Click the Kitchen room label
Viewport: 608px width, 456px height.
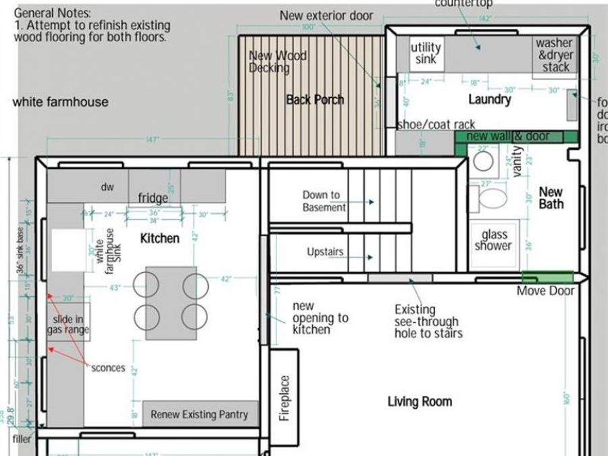159,238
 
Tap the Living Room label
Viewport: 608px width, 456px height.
420,402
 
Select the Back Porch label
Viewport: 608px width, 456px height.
315,100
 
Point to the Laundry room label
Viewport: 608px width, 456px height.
490,99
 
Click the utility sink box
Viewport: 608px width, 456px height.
426,53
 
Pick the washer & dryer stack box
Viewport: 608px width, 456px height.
554,55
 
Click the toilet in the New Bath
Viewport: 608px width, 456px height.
491,200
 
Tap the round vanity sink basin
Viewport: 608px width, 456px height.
482,160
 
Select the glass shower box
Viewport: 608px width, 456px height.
494,240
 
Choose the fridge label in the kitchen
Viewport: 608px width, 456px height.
153,198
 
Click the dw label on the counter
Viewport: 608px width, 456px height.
107,187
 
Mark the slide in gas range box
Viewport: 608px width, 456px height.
66,324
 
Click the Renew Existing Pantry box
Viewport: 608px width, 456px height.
199,414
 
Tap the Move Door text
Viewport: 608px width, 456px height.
546,291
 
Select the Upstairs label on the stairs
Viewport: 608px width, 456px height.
325,252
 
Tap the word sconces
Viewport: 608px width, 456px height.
108,368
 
